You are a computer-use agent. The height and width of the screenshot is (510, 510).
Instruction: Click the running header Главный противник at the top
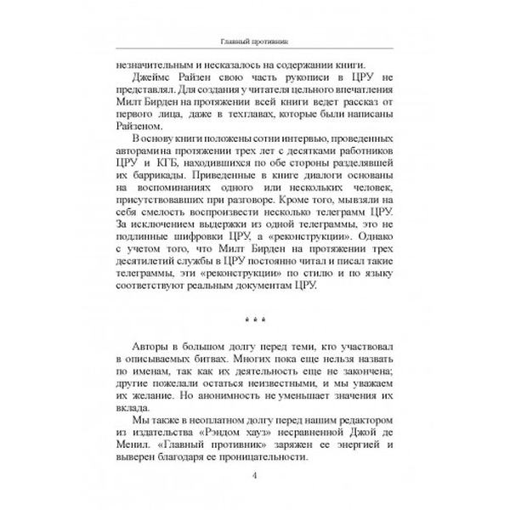coord(254,43)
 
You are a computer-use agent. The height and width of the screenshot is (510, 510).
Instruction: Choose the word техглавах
coord(296,108)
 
